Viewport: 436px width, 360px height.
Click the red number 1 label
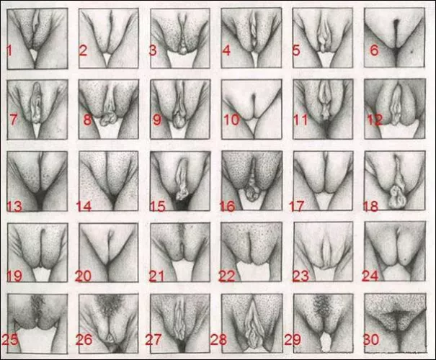[9, 50]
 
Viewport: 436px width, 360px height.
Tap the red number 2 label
[83, 50]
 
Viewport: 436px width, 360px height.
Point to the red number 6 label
[373, 50]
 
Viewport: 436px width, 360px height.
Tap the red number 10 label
[231, 120]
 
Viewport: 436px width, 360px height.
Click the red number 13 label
[14, 207]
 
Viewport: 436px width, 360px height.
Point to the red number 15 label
[157, 207]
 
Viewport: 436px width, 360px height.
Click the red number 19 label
[14, 276]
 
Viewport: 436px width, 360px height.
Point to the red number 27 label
[156, 338]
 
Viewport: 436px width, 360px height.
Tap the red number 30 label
[375, 338]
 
